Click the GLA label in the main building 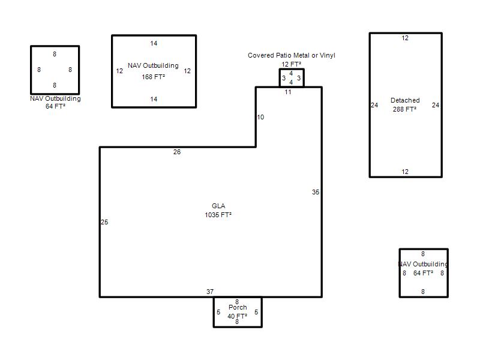(x=218, y=206)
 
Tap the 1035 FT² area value (x=218, y=215)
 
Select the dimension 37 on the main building (x=209, y=292)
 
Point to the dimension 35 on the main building (x=316, y=192)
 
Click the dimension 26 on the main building (x=177, y=152)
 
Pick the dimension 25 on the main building (x=104, y=222)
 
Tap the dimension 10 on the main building (x=260, y=117)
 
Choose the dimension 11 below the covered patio (x=288, y=92)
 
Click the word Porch (x=238, y=307)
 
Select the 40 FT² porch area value (x=237, y=316)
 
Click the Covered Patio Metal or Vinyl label (x=292, y=55)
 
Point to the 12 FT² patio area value (x=292, y=64)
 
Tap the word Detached (x=405, y=100)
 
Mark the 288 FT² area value (x=404, y=109)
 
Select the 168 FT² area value (x=154, y=77)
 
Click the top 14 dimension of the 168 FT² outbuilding (x=154, y=43)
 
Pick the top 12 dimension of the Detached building (x=405, y=38)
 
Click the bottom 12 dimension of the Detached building (x=405, y=172)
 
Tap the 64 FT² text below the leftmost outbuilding (x=55, y=106)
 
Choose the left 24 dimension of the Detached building (x=374, y=105)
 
